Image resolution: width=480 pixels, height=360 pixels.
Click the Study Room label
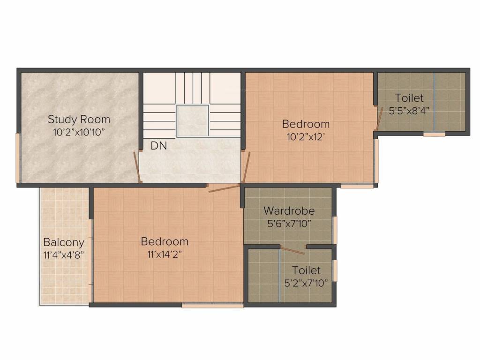[x=79, y=119]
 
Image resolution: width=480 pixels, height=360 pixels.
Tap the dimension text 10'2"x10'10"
[x=79, y=132]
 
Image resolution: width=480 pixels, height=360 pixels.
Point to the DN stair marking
[x=158, y=146]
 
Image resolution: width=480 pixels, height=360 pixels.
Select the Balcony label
[x=64, y=242]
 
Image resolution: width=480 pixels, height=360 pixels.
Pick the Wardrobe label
[x=289, y=210]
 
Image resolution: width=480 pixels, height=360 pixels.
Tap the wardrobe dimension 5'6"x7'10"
[x=289, y=223]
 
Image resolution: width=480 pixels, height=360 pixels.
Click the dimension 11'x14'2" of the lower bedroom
[x=165, y=255]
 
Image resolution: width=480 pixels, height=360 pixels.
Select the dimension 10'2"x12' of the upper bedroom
[x=306, y=137]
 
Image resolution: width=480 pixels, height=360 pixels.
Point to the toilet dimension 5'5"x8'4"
[x=409, y=111]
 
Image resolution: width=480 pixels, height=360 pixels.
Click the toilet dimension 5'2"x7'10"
[x=306, y=283]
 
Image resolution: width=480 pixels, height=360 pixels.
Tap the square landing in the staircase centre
[x=192, y=120]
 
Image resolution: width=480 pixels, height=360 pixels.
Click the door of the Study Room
[x=137, y=166]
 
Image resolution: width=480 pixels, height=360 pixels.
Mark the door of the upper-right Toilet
[x=379, y=117]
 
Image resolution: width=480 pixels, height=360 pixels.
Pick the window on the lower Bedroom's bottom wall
[x=212, y=306]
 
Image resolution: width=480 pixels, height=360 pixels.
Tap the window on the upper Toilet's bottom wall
[x=434, y=135]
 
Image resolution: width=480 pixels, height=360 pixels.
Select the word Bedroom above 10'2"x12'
[x=306, y=124]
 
